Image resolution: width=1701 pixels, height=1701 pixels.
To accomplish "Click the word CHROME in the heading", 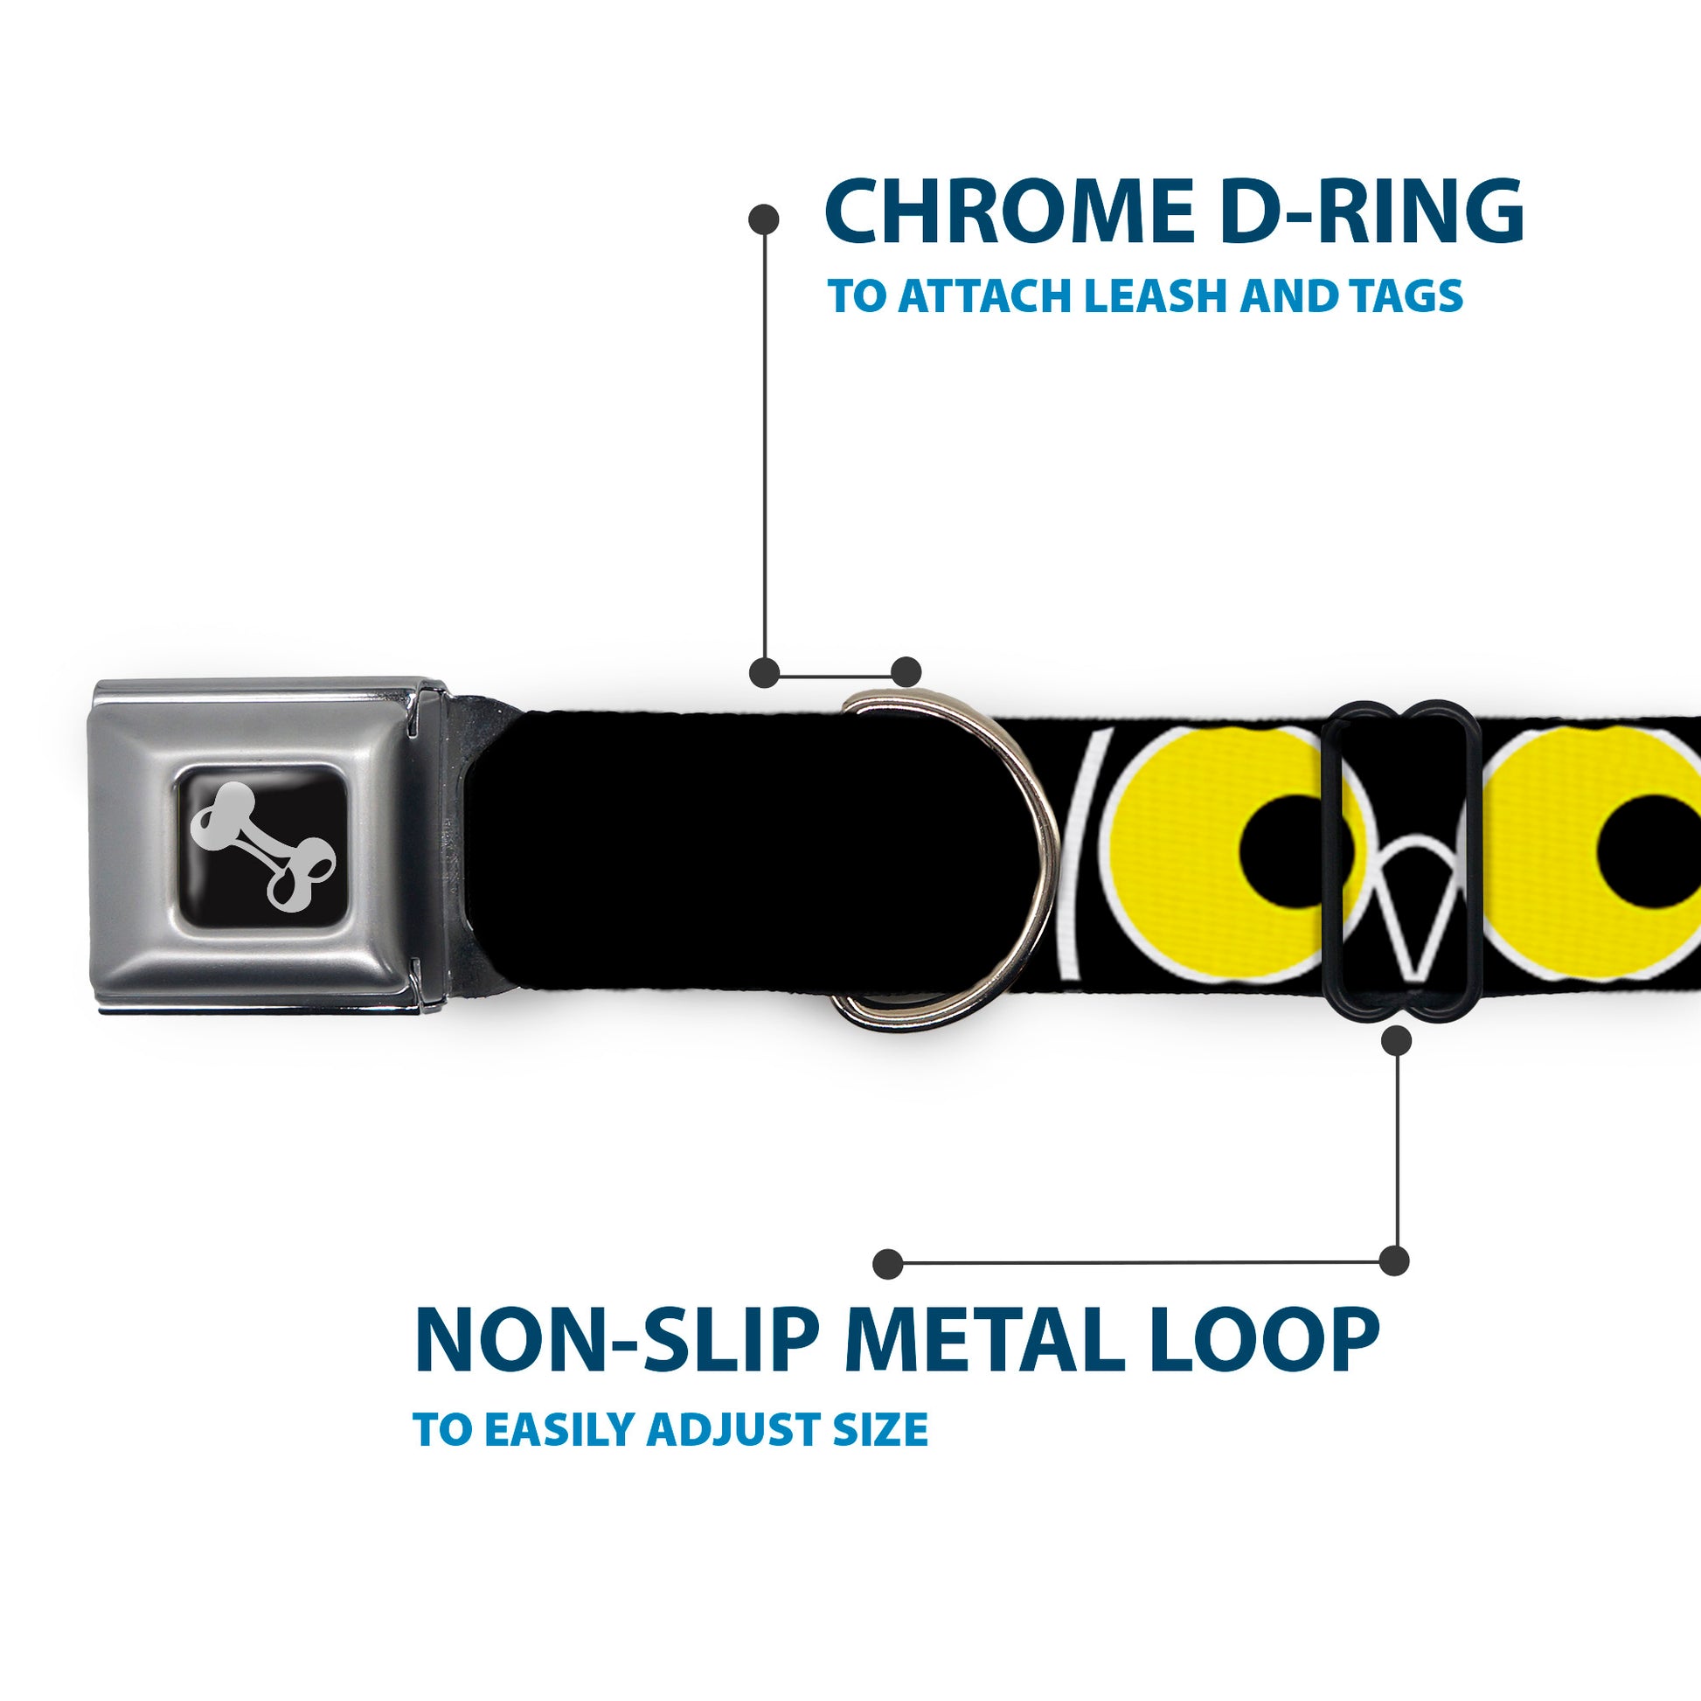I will tap(1011, 212).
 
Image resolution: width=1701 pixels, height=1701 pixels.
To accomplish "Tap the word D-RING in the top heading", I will tap(1373, 212).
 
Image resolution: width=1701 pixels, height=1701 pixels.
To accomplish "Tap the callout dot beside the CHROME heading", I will tap(763, 219).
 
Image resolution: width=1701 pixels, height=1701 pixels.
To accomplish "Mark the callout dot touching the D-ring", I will tap(906, 672).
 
